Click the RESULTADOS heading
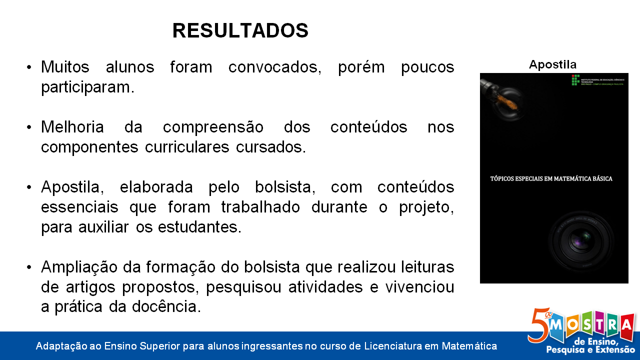240,31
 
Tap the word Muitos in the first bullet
65,67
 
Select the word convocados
274,67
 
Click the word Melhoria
72,127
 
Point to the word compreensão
213,127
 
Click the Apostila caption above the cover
552,64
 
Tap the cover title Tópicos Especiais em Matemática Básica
550,178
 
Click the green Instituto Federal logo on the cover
575,79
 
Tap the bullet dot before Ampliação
29,267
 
